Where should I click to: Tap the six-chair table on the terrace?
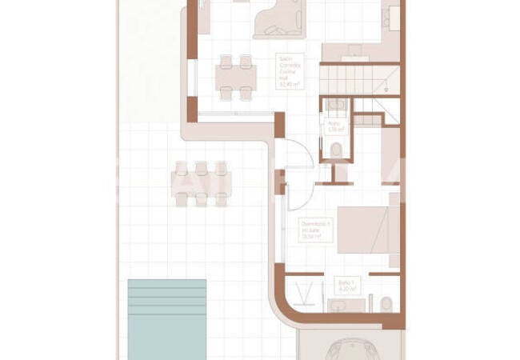[x=201, y=183]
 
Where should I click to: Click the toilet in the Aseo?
[x=337, y=150]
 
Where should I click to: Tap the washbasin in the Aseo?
[x=336, y=104]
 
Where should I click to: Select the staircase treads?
[x=352, y=81]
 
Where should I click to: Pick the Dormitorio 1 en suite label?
[x=314, y=230]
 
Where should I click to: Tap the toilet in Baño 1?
[x=386, y=304]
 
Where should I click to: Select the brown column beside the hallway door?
[x=279, y=124]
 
